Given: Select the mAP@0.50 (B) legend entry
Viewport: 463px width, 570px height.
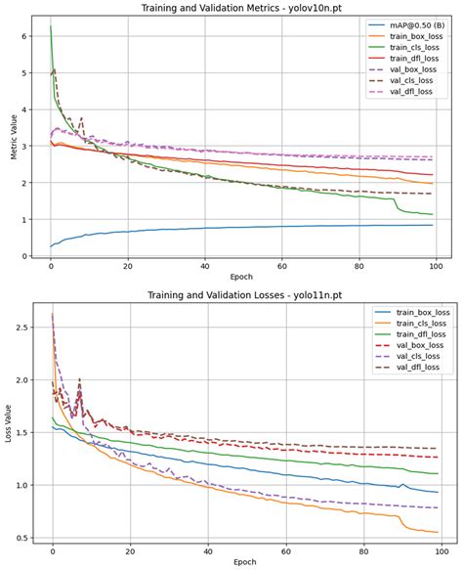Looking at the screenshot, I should tap(411, 26).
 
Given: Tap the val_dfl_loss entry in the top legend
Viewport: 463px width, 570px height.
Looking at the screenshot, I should tap(404, 92).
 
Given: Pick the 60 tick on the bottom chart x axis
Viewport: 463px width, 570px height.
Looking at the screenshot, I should tap(284, 550).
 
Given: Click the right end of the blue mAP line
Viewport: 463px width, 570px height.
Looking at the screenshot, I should tap(433, 225).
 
